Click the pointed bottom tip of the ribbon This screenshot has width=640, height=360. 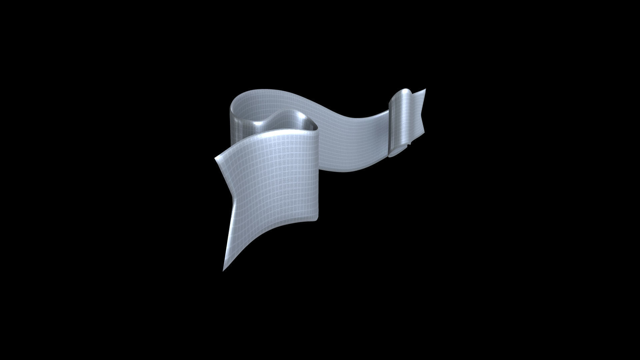[x=223, y=270]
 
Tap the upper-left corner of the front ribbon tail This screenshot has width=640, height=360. [x=216, y=159]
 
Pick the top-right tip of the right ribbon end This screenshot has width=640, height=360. [x=425, y=89]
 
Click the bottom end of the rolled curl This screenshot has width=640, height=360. [x=394, y=155]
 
